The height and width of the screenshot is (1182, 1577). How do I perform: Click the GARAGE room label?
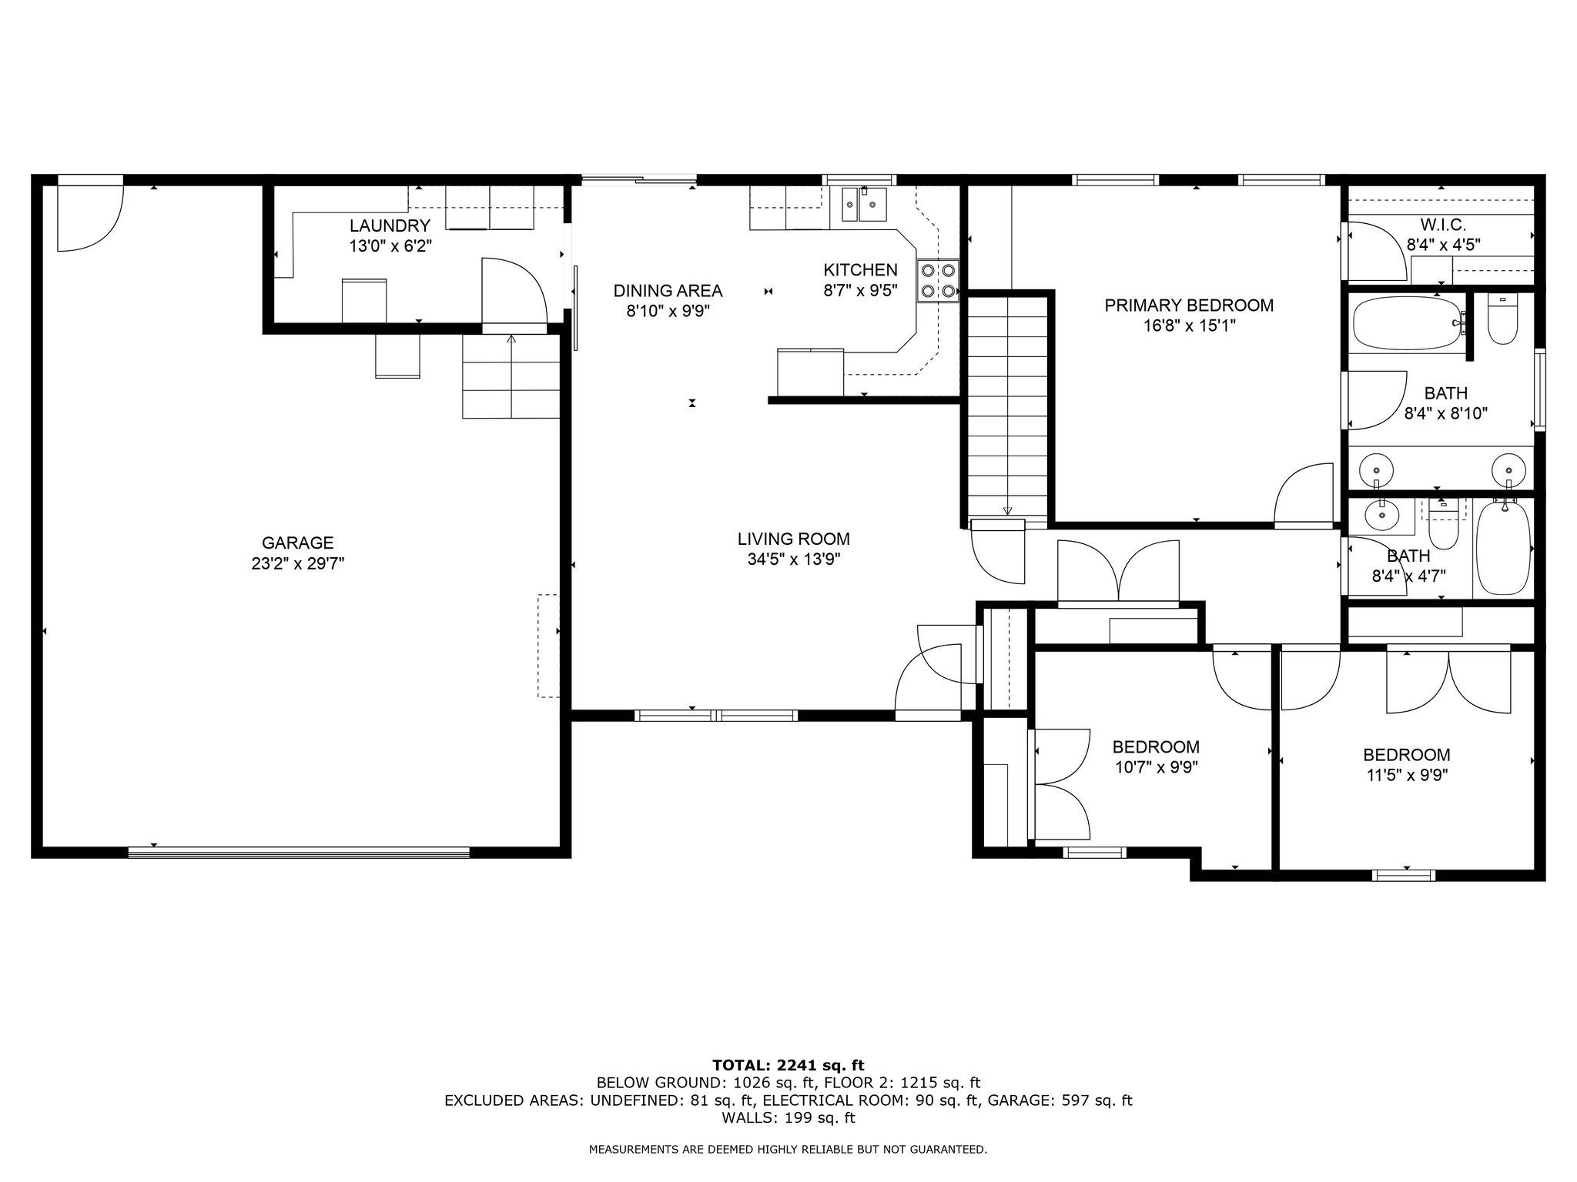[297, 543]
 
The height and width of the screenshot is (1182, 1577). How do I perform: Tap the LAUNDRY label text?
[390, 225]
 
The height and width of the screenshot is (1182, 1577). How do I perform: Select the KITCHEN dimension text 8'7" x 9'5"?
[861, 291]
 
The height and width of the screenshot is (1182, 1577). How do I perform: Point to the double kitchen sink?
[864, 204]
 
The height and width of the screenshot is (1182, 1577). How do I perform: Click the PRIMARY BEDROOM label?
[1189, 306]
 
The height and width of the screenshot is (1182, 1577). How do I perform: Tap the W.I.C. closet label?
[1443, 225]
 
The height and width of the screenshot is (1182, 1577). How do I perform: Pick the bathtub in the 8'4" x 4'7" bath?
[1502, 548]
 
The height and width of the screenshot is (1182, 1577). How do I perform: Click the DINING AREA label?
[668, 291]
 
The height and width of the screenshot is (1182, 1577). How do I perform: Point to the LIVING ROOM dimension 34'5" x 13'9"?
[794, 559]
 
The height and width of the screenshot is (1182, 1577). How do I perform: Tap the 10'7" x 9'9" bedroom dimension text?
[1156, 767]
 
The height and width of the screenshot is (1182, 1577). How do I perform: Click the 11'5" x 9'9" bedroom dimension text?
[1407, 775]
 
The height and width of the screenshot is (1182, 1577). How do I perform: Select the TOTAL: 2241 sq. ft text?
[788, 1066]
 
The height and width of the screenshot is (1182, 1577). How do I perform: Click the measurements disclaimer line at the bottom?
[788, 1150]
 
